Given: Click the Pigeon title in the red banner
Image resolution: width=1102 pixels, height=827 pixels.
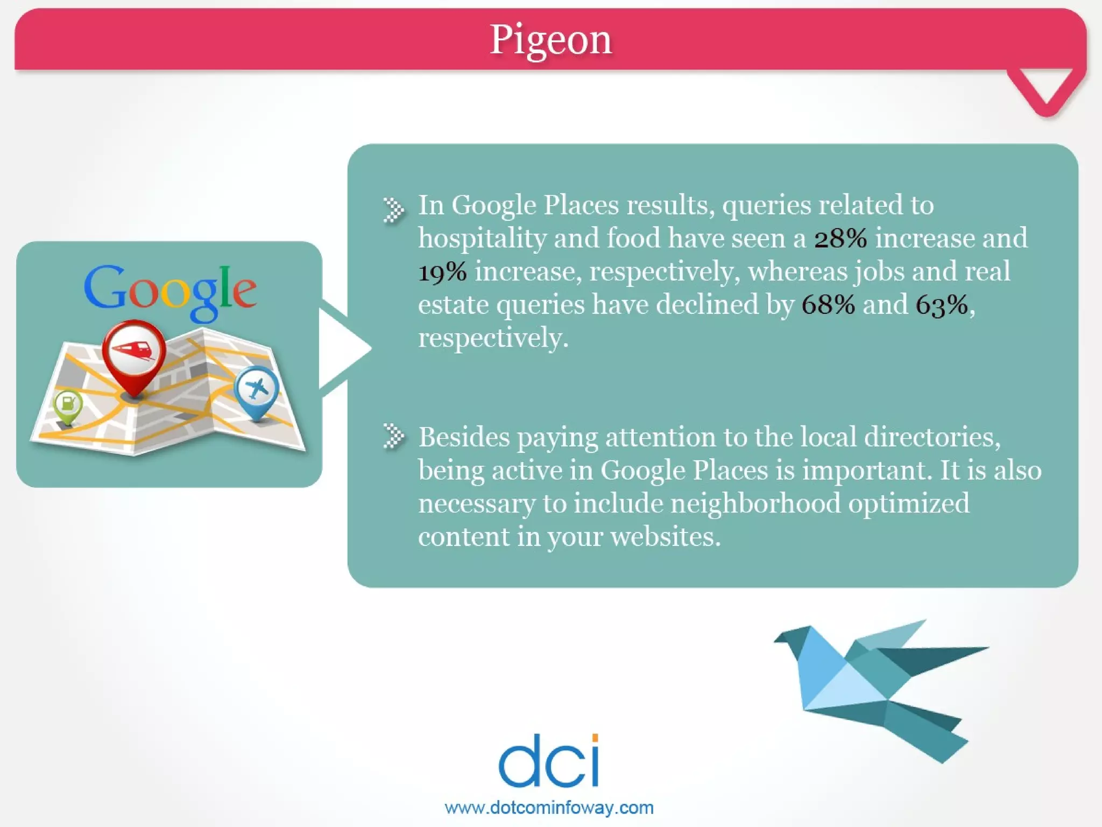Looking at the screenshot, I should tap(550, 40).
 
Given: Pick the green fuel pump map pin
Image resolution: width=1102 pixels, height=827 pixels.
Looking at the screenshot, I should tap(68, 405).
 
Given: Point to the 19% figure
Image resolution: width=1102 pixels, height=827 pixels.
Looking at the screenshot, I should tap(442, 272).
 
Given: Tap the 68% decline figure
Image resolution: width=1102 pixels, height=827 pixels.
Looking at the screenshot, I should tap(828, 305).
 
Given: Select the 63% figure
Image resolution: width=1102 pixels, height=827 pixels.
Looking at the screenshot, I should tap(942, 305).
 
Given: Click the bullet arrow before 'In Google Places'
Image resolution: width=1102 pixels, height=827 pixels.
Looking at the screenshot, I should tap(393, 209).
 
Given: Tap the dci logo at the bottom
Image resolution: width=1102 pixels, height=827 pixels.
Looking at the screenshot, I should tap(549, 761).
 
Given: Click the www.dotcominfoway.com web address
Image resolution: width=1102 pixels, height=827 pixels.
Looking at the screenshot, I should tap(549, 808).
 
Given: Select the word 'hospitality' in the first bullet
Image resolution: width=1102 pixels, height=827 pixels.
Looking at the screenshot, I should tap(482, 239).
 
